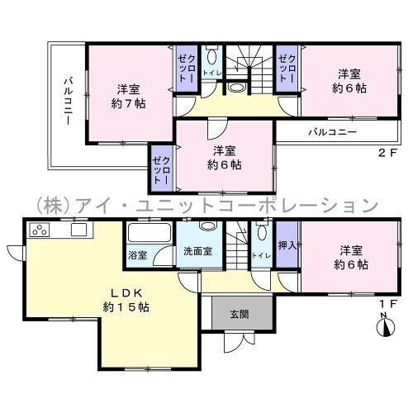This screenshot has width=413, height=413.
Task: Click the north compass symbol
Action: pos(386,325)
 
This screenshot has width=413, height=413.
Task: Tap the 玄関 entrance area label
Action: pos(240,314)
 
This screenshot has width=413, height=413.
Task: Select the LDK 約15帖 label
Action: pos(126,300)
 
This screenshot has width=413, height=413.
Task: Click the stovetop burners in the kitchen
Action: pos(40,230)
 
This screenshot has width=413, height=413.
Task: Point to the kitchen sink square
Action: pos(78,230)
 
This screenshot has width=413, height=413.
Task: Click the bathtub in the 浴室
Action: pos(150,233)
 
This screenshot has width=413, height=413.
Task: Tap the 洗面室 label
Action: pos(198,251)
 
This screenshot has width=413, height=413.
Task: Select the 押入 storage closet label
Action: pos(287,245)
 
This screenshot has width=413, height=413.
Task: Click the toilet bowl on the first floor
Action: pos(262,232)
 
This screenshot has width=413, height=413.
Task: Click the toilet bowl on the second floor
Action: pos(211,57)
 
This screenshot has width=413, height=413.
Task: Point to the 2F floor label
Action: pos(387,153)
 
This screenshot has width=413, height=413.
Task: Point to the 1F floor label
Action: pos(388,303)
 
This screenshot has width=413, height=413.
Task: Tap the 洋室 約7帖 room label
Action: pos(129,97)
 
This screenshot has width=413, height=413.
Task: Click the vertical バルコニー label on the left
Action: pos(68,102)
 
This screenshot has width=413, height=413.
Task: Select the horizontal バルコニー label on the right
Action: pos(332,132)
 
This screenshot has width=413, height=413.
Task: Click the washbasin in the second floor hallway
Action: pos(236,88)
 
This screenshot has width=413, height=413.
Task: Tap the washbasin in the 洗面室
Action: pos(208,225)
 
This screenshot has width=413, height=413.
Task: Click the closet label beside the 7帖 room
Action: pos(187,69)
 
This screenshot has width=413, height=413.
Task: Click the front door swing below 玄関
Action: pos(240,341)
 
